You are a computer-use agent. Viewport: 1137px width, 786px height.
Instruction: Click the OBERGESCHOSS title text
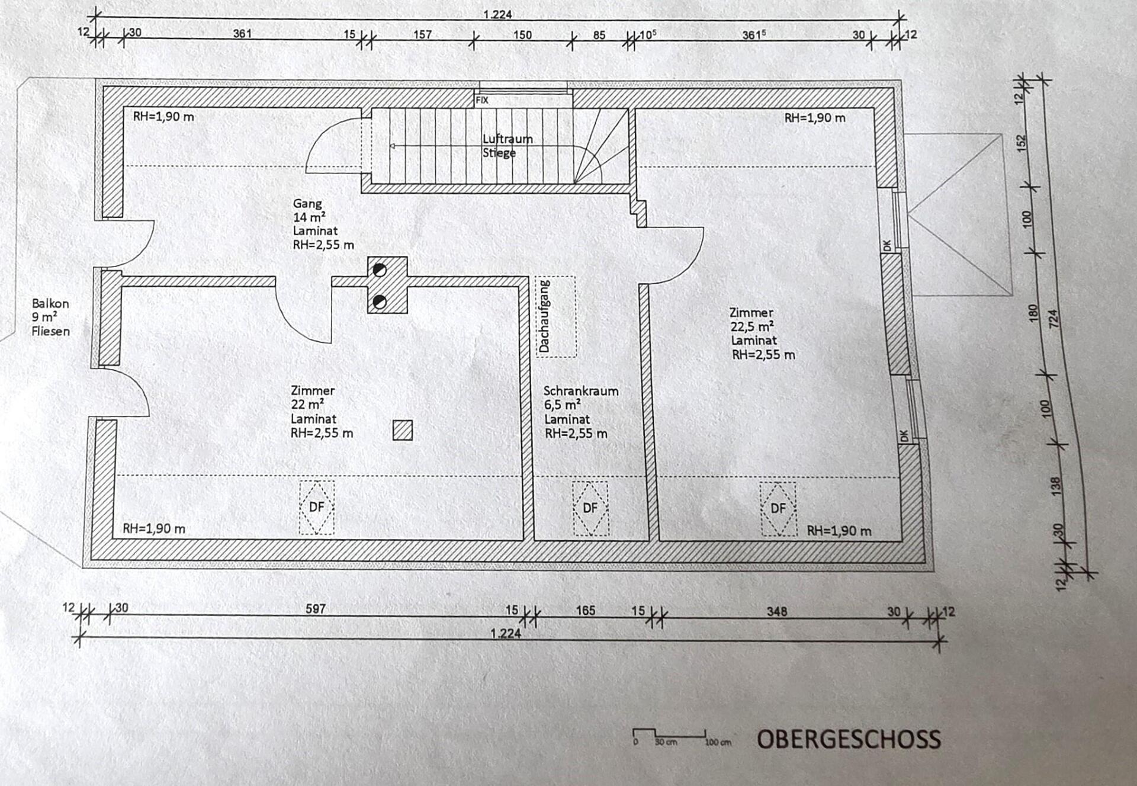[x=849, y=739]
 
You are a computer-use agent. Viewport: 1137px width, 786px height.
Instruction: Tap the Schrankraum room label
[x=581, y=391]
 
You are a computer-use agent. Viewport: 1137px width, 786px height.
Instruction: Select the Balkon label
[x=50, y=303]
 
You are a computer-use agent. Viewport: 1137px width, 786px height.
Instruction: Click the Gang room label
[x=307, y=204]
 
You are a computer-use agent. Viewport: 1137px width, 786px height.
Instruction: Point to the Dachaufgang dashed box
[x=556, y=317]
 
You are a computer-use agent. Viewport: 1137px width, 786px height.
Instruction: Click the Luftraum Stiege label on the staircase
[x=508, y=146]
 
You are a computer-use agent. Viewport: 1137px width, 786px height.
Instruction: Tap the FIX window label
[x=482, y=100]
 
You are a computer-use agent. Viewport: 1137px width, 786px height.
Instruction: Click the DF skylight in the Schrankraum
[x=590, y=508]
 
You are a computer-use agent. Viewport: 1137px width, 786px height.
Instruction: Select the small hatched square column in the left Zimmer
[x=403, y=430]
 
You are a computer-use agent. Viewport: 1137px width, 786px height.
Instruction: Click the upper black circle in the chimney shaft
[x=380, y=271]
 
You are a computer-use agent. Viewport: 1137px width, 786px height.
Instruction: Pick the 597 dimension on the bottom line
[x=316, y=608]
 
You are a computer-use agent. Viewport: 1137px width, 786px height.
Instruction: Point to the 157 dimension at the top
[x=422, y=34]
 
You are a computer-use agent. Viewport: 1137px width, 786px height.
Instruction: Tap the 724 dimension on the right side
[x=1053, y=320]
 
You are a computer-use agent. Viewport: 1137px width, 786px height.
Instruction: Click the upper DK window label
[x=887, y=245]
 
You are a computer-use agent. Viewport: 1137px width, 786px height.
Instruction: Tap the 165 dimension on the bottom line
[x=585, y=610]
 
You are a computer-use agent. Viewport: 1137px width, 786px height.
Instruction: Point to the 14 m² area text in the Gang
[x=309, y=217]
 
